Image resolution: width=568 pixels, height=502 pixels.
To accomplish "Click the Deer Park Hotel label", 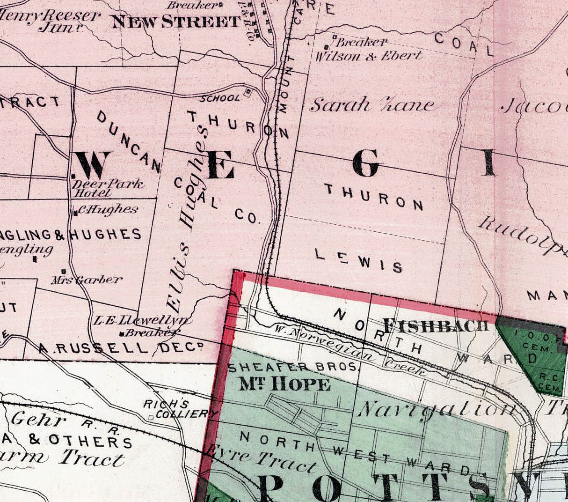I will coord(107,188).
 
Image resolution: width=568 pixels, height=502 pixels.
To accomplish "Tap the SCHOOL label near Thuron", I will coord(220,98).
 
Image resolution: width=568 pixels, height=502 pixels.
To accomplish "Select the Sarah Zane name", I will coord(372,105).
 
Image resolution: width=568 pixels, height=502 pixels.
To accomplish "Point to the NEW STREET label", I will coord(176,22).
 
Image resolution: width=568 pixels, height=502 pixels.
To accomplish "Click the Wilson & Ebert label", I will coord(369,56).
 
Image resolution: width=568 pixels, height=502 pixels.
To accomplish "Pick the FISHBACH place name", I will coord(436,325).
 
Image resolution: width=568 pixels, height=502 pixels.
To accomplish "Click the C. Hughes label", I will coord(108,209).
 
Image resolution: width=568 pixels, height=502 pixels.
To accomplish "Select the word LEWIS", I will coord(358,261).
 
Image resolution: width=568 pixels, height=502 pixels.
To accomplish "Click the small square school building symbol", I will coord(248,92).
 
